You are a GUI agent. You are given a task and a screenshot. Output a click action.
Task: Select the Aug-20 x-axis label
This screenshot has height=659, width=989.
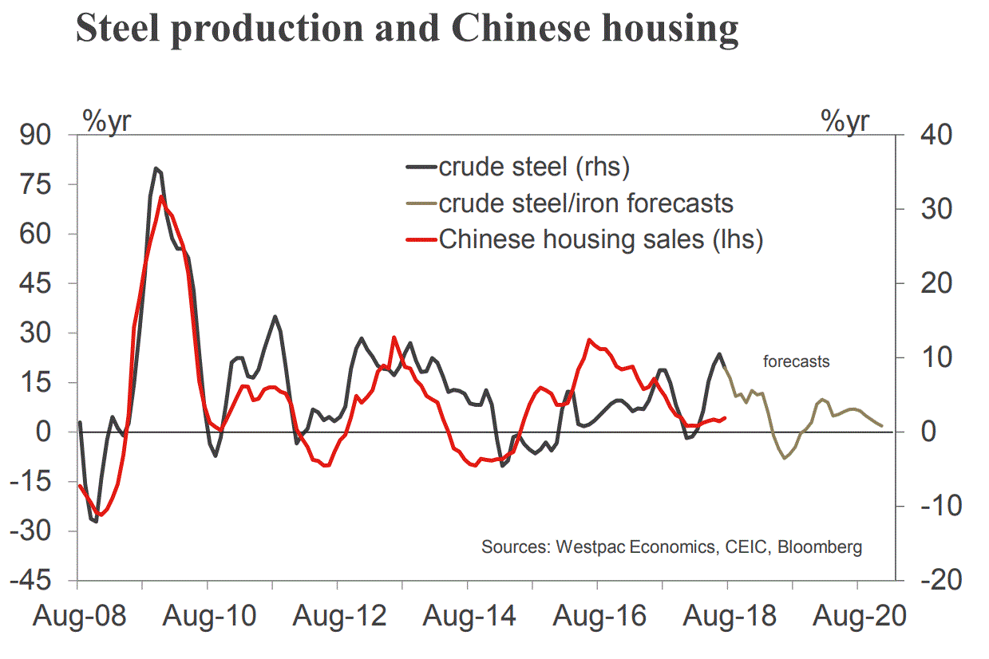(x=857, y=617)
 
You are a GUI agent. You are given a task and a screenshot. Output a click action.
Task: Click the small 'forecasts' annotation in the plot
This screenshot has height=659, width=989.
(x=796, y=361)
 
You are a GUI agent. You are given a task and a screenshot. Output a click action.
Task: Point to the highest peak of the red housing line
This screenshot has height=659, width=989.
(x=162, y=196)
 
